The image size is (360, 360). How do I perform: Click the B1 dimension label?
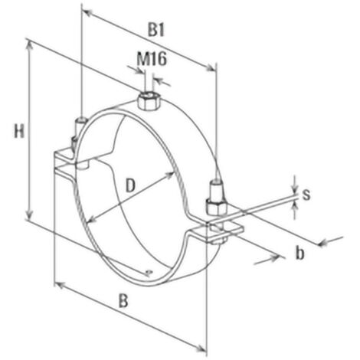click(156, 30)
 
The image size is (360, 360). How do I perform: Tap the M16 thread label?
click(152, 59)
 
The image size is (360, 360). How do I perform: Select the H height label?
click(19, 131)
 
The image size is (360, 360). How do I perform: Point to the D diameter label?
click(130, 185)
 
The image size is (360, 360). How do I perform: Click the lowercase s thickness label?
click(306, 195)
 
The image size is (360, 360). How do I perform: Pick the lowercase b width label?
click(300, 254)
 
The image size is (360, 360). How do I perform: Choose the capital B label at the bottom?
click(123, 301)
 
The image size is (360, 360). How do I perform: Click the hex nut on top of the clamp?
click(149, 101)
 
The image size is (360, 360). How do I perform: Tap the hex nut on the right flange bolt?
click(217, 206)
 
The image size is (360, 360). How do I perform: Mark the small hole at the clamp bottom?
click(149, 272)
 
